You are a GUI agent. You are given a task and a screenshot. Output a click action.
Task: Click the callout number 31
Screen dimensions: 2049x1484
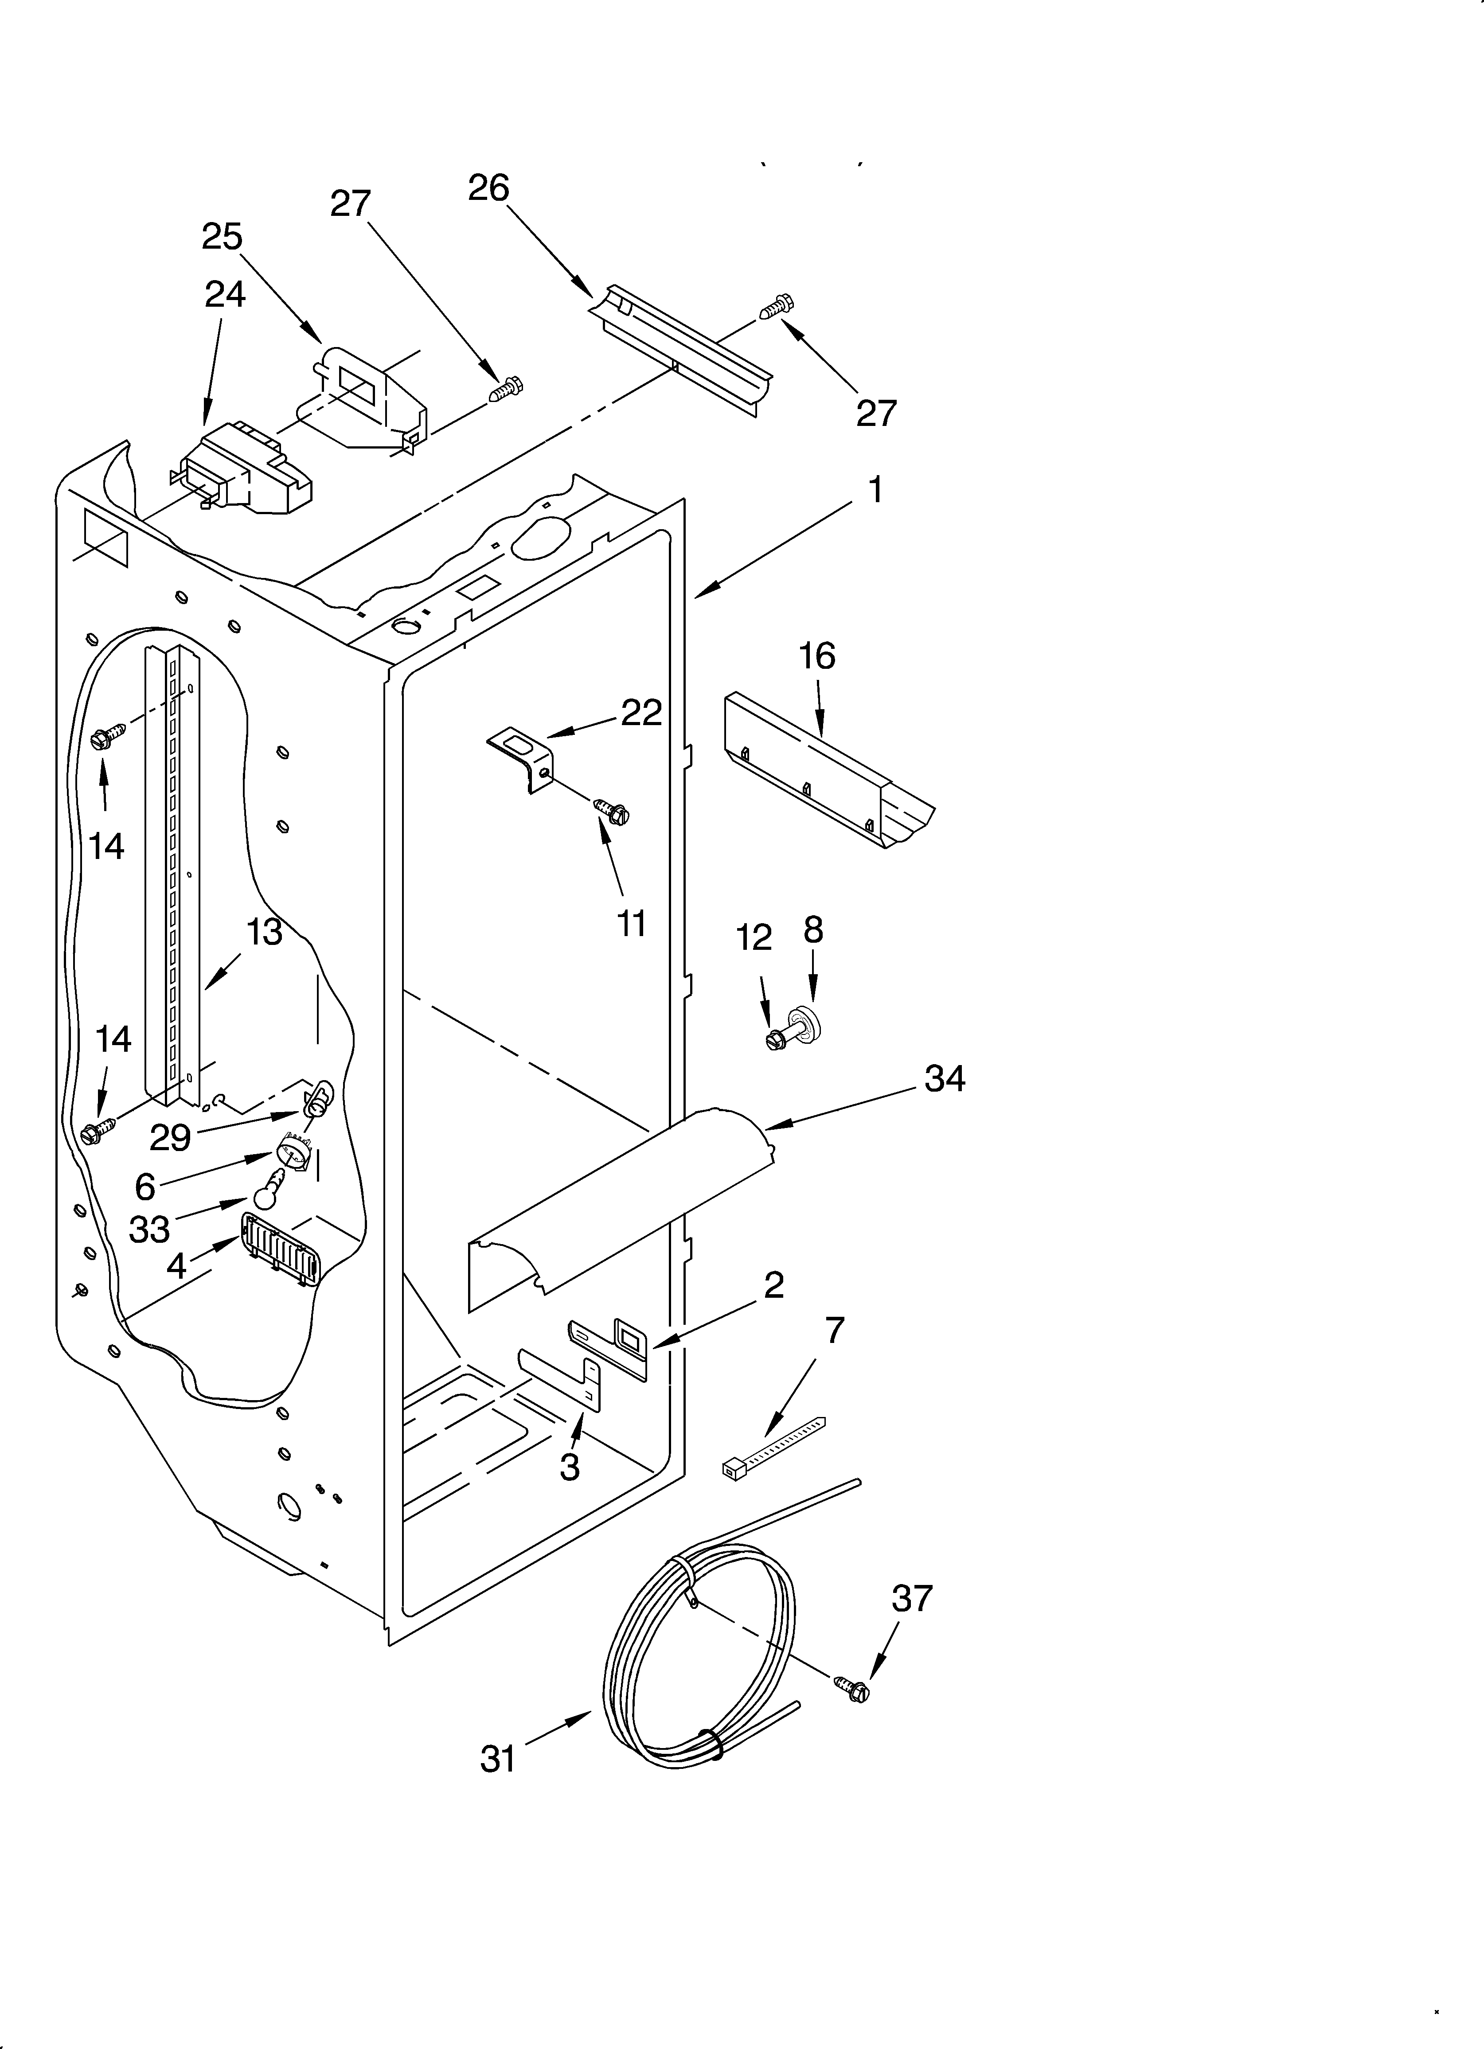pos(498,1759)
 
